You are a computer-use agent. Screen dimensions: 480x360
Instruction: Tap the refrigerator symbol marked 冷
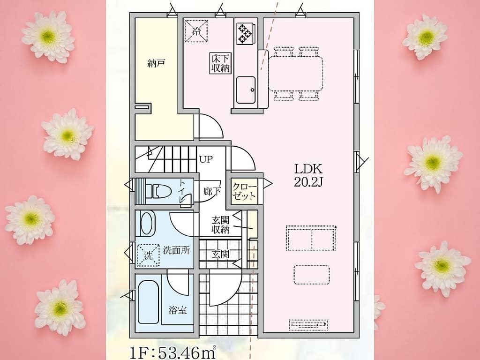tap(196, 30)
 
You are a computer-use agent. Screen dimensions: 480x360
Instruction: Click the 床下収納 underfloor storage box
tap(220, 63)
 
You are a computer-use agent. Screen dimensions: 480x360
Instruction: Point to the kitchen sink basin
tap(246, 90)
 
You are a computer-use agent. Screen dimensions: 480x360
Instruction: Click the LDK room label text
tap(308, 169)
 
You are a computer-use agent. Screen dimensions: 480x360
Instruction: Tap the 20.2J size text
tap(308, 182)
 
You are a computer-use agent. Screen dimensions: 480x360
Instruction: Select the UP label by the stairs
tap(206, 159)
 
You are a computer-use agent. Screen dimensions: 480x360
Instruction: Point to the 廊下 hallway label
tap(212, 192)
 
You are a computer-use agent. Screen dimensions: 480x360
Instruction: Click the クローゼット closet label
tap(244, 191)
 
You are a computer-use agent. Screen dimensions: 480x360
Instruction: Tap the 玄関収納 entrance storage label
tap(220, 225)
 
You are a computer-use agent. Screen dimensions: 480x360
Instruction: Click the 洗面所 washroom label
tap(176, 250)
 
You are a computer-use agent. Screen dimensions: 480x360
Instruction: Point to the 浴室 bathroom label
tap(178, 310)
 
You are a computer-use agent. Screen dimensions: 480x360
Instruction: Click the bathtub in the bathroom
tap(149, 302)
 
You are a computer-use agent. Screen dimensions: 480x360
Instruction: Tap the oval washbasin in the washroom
tap(148, 224)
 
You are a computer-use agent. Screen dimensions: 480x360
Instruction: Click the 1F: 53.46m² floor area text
tap(173, 352)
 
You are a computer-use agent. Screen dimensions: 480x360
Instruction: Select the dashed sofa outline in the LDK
tap(311, 238)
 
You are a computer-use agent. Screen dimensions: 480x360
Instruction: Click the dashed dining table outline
tap(296, 74)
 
